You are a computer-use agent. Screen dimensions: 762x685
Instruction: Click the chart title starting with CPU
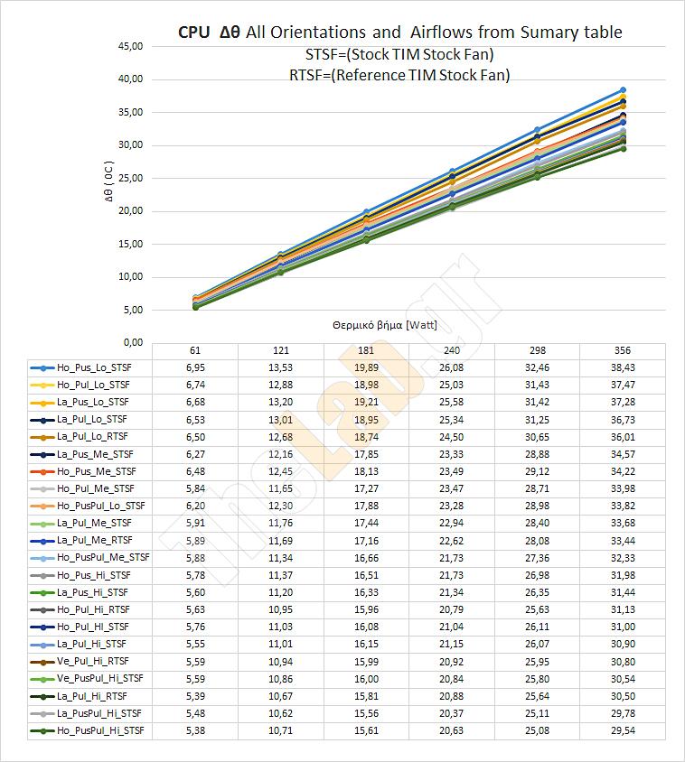click(399, 33)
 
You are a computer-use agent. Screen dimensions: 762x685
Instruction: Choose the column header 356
click(623, 350)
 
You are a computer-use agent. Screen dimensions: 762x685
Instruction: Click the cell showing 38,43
click(623, 367)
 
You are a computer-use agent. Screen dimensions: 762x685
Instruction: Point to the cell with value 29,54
click(623, 729)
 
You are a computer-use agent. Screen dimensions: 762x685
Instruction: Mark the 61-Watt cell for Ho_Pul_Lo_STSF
click(194, 385)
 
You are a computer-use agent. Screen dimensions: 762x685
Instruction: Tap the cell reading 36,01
click(623, 436)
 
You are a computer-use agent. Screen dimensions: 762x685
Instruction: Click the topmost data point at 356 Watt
click(623, 90)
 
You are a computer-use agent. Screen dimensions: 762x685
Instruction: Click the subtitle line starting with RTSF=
click(399, 75)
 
